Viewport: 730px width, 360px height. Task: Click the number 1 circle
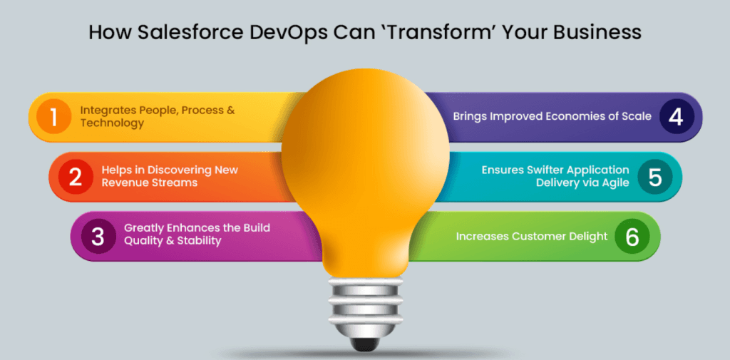pyautogui.click(x=53, y=116)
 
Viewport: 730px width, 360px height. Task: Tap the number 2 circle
pyautogui.click(x=75, y=177)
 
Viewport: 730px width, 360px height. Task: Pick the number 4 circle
pyautogui.click(x=677, y=116)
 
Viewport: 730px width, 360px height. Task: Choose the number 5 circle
pyautogui.click(x=655, y=177)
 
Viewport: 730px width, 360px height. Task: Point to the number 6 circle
pyautogui.click(x=632, y=236)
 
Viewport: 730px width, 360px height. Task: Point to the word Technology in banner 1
pyautogui.click(x=112, y=123)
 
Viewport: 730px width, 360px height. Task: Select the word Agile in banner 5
pyautogui.click(x=615, y=183)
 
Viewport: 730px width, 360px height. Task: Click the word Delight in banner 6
pyautogui.click(x=589, y=237)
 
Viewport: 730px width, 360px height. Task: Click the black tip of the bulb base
pyautogui.click(x=365, y=344)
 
